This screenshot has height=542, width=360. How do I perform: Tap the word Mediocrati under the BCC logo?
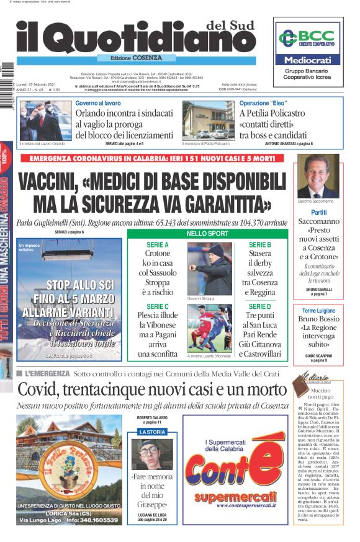coord(308,60)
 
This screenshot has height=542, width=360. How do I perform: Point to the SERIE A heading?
coord(158,245)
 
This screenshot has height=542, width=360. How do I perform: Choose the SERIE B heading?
coord(260,245)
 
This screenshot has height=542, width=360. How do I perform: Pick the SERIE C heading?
coord(158,306)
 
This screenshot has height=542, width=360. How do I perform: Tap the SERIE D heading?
coord(260,306)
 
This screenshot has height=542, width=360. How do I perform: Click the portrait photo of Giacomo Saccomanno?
coord(318,176)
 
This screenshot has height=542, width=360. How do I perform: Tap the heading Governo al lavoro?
coord(98,103)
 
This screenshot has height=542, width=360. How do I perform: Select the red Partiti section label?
coord(319,212)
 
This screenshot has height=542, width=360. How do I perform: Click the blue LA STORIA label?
coord(152,431)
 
